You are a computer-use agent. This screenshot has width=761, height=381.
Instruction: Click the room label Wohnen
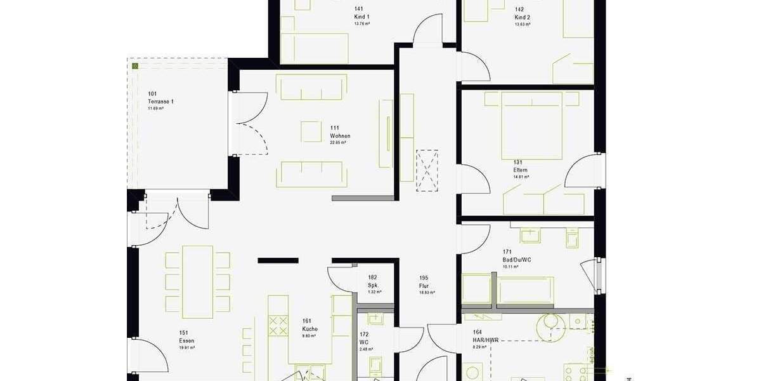pos(340,137)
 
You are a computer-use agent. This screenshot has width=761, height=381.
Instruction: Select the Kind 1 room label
pos(361,17)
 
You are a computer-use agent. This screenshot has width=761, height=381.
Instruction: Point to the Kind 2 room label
pos(522,17)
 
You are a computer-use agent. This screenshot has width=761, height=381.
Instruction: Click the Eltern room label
pos(520,170)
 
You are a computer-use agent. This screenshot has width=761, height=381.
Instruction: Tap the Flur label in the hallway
pos(424,286)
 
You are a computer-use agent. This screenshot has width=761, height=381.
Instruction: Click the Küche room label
pos(310,329)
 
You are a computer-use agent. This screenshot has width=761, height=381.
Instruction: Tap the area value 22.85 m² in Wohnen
pos(338,143)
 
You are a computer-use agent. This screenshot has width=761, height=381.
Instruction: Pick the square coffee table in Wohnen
pos(311,131)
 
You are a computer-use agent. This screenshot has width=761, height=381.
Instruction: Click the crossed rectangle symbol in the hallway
pos(427,170)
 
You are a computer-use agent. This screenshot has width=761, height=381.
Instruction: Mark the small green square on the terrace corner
pos(135,65)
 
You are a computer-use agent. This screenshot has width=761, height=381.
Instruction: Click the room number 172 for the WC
pos(363,334)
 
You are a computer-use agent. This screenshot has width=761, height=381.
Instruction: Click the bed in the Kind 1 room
pos(315,47)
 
